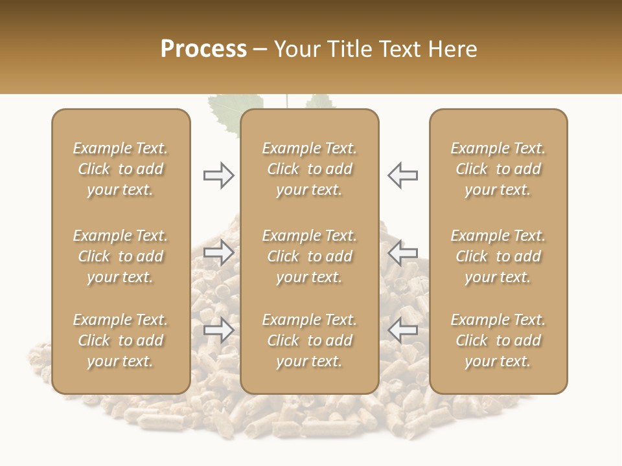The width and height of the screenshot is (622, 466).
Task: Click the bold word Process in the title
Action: pyautogui.click(x=203, y=49)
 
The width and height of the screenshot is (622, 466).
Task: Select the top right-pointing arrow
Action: pyautogui.click(x=219, y=175)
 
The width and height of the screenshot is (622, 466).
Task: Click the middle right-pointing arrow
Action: pyautogui.click(x=219, y=252)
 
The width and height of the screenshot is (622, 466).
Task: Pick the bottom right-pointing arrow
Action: pyautogui.click(x=219, y=330)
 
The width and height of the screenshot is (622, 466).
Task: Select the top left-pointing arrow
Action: pyautogui.click(x=402, y=175)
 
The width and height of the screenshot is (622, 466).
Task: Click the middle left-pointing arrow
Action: pyautogui.click(x=402, y=252)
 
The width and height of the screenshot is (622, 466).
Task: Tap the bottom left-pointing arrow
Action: pyautogui.click(x=402, y=330)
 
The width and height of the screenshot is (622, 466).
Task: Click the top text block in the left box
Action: pyautogui.click(x=121, y=169)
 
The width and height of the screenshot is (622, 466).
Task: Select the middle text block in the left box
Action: pyautogui.click(x=121, y=256)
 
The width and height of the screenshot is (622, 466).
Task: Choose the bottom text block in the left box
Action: pyautogui.click(x=121, y=340)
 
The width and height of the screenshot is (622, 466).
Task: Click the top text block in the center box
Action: pyautogui.click(x=309, y=169)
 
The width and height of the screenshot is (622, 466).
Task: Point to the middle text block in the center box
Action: pyautogui.click(x=309, y=256)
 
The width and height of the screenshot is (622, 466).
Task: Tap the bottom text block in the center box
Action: pyautogui.click(x=309, y=340)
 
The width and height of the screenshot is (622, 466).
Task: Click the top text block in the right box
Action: pyautogui.click(x=498, y=169)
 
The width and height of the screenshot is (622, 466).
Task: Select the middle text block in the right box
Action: pyautogui.click(x=498, y=256)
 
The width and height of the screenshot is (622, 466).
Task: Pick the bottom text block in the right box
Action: pyautogui.click(x=498, y=340)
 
